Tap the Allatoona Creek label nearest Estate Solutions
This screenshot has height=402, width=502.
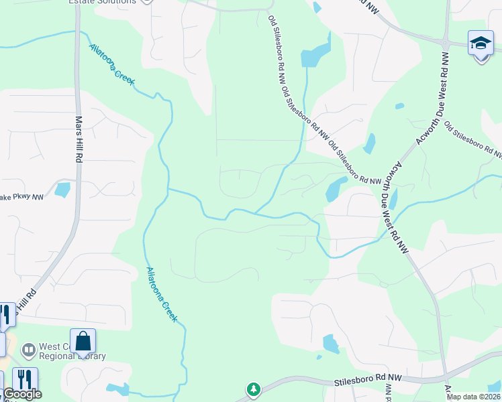(112, 64)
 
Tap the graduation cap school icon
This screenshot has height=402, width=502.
(481, 44)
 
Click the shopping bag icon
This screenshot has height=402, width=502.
(83, 342)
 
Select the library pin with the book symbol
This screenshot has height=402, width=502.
(29, 350)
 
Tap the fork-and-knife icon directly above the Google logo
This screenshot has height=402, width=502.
(25, 380)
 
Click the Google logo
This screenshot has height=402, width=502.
(22, 395)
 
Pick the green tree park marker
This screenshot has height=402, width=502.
(253, 389)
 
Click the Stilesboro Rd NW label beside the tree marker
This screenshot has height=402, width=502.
(367, 380)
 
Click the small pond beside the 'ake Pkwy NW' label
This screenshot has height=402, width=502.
(62, 190)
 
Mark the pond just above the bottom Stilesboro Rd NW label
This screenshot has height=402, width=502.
(331, 344)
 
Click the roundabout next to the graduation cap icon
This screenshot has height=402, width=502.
(444, 43)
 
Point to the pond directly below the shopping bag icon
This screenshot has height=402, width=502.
(117, 389)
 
